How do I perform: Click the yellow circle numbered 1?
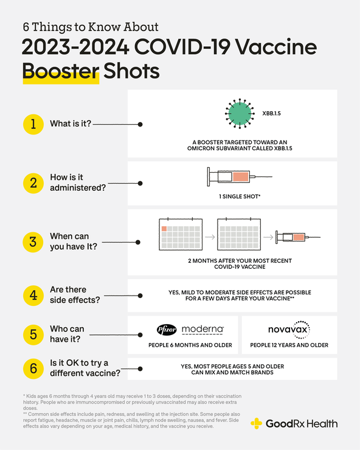[x=33, y=124]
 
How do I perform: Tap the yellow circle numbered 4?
[x=33, y=295]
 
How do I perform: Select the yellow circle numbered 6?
[x=33, y=369]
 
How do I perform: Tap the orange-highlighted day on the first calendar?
[x=164, y=229]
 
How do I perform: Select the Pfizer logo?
[x=166, y=330]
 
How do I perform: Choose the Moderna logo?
[x=202, y=329]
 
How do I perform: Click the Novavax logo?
[x=289, y=329]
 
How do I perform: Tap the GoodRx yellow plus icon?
[x=257, y=423]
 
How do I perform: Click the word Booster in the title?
[x=60, y=71]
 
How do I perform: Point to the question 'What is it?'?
[x=70, y=124]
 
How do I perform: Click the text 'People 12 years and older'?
[x=289, y=345]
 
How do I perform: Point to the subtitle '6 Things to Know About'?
[x=91, y=27]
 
